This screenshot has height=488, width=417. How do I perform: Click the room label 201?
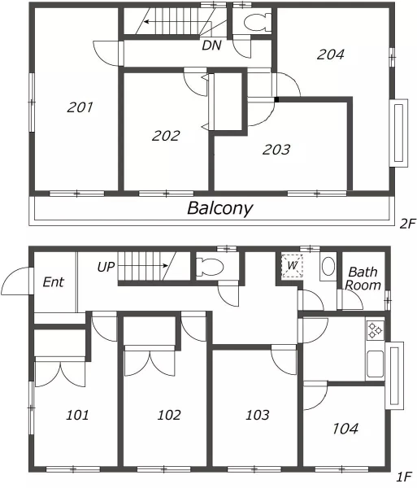[80, 107]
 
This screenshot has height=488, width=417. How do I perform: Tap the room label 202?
[166, 136]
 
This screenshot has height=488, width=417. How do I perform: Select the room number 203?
[276, 150]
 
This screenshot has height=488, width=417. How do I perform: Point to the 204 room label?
[331, 54]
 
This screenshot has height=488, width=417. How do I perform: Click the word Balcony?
[220, 208]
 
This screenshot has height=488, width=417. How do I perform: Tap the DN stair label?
[212, 46]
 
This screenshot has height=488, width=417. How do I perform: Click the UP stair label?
[106, 267]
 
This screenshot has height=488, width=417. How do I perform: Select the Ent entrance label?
[53, 282]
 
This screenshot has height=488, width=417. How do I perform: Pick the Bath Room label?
[363, 278]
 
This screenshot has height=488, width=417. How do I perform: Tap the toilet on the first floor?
[211, 267]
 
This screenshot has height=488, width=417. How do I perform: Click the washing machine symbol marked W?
[292, 266]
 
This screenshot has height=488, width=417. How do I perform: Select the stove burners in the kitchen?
[375, 330]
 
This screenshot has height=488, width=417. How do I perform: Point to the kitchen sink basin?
[375, 364]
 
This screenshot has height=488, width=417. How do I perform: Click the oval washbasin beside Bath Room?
[328, 266]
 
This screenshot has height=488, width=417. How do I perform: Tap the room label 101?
[77, 415]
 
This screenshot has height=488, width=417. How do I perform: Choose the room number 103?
[258, 415]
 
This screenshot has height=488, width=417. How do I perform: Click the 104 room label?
[345, 429]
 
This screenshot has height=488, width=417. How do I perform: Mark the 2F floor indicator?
[408, 224]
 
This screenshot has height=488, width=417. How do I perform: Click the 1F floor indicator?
[404, 477]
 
